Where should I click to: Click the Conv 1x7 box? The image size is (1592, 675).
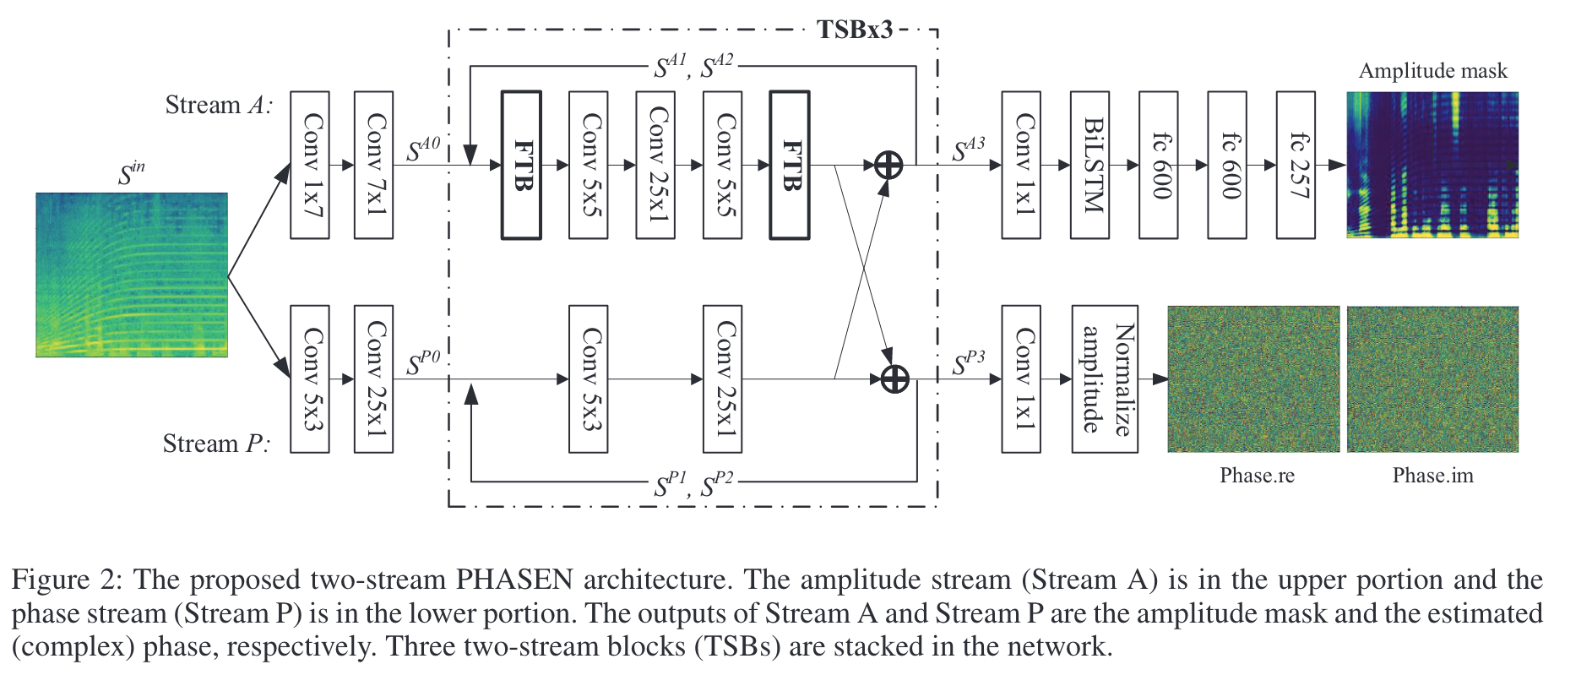[x=310, y=165]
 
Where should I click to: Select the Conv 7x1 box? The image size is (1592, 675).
[x=374, y=165]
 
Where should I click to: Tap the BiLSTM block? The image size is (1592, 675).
[x=1090, y=165]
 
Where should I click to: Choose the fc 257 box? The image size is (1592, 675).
[x=1296, y=165]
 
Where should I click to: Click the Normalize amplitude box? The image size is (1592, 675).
[x=1106, y=379]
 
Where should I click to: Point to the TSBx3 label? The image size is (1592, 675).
[x=855, y=30]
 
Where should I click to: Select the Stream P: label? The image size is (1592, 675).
[x=216, y=444]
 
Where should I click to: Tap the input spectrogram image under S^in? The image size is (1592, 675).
[x=132, y=275]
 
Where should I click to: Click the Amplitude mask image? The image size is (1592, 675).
[x=1432, y=165]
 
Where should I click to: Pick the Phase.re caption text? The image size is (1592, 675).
[x=1257, y=476]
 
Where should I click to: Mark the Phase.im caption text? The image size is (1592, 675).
[x=1433, y=476]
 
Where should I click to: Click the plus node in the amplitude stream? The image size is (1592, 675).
[x=888, y=165]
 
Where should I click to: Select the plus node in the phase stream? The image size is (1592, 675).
[x=895, y=379]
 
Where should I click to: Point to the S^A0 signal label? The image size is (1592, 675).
[x=423, y=149]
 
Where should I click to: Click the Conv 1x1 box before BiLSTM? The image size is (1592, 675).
[x=1021, y=165]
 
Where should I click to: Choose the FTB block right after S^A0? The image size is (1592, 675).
[x=521, y=165]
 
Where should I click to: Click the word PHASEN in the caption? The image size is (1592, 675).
[x=514, y=580]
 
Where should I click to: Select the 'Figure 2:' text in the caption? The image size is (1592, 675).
[x=68, y=580]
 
